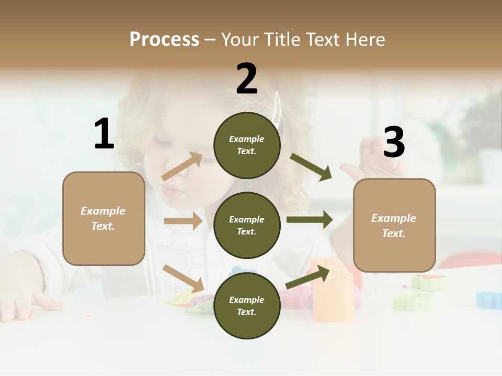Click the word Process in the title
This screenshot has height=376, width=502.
(x=164, y=40)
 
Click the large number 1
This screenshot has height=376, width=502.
(x=104, y=134)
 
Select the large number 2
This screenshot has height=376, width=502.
(x=247, y=79)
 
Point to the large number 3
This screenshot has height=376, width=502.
(x=394, y=143)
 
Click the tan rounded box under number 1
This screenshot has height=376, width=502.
(x=104, y=218)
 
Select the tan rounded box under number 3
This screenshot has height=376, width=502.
(x=394, y=225)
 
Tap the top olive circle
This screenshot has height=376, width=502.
(x=247, y=145)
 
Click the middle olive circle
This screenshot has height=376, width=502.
(x=247, y=225)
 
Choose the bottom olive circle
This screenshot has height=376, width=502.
(x=247, y=305)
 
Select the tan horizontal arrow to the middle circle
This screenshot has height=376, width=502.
(x=183, y=221)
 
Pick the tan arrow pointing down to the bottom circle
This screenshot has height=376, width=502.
(x=184, y=278)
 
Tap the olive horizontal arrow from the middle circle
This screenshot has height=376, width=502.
(x=309, y=219)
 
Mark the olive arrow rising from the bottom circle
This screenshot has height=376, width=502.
(x=308, y=277)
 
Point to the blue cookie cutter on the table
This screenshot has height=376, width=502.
(x=488, y=299)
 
